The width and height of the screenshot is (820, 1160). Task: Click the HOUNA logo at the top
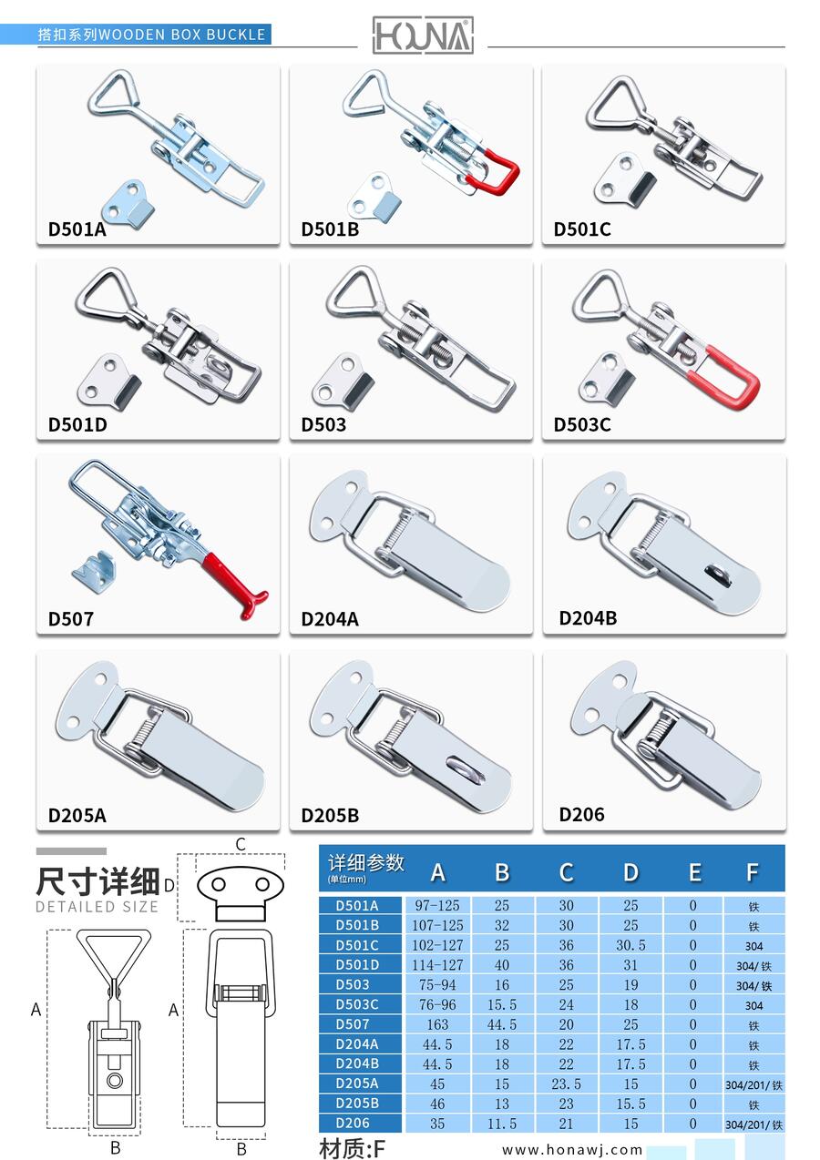[423, 36]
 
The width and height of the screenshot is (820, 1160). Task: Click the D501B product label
[330, 229]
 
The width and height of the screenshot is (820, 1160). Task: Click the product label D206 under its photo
[581, 815]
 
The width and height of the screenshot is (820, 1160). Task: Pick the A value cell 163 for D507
[437, 1024]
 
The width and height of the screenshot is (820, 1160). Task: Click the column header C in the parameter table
[566, 872]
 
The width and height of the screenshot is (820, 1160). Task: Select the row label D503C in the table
[357, 1004]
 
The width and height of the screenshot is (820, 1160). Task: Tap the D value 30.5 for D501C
[630, 945]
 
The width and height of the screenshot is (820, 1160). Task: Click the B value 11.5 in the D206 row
[501, 1124]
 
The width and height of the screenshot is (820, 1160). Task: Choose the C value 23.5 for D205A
[566, 1084]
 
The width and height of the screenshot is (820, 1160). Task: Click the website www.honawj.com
[571, 1150]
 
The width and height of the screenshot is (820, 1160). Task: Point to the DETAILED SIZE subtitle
[97, 907]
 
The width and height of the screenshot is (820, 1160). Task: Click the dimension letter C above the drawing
[240, 845]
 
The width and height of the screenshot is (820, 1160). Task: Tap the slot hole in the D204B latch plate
[718, 575]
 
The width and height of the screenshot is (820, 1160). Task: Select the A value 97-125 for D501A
[437, 906]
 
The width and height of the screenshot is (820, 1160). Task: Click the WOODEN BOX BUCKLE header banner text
[181, 35]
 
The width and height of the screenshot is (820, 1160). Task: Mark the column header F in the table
[753, 872]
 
